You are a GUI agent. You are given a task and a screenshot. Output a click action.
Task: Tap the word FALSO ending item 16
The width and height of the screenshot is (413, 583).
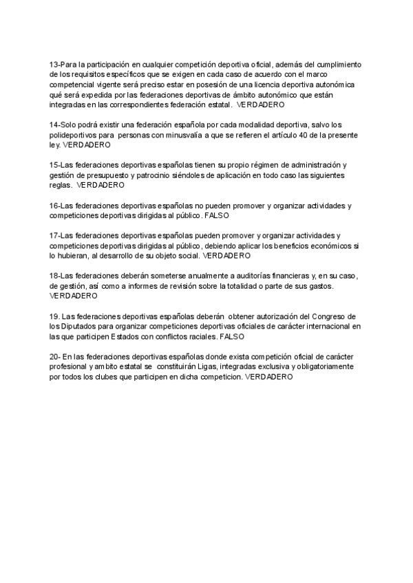click(217, 215)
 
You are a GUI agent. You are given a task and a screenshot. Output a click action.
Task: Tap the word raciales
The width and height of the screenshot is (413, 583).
click(198, 338)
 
